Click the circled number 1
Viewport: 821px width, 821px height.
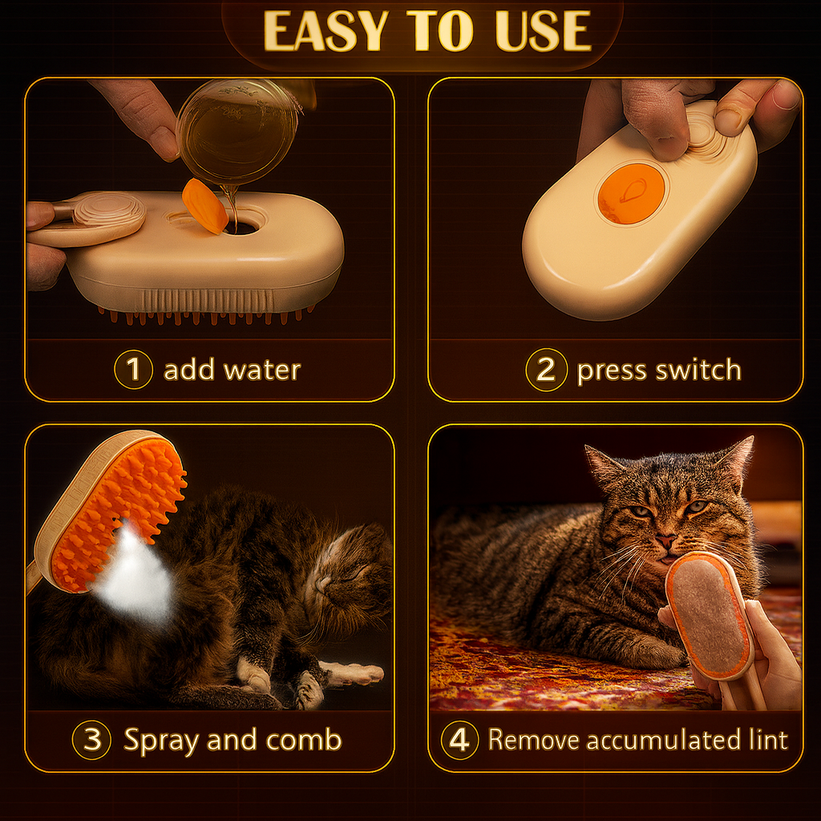[x=134, y=369]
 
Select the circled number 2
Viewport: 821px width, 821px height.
[x=546, y=370]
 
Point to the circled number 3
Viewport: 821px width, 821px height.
[x=91, y=740]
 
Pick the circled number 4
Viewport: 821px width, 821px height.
[x=459, y=740]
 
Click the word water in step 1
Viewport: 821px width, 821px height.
[x=262, y=370]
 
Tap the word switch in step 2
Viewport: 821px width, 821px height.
[x=698, y=370]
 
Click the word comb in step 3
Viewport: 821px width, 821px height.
[x=303, y=740]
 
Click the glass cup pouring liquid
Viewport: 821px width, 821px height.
[x=238, y=131]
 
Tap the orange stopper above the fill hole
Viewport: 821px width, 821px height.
[x=204, y=206]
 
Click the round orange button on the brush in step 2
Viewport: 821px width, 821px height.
[x=631, y=193]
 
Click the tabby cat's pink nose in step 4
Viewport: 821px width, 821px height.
[x=665, y=540]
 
